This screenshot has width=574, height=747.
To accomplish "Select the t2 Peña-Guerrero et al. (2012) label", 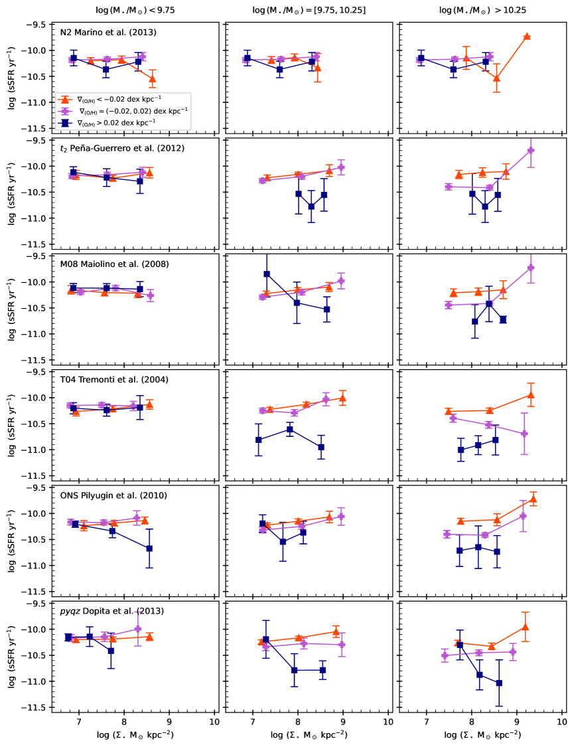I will tap(113, 148).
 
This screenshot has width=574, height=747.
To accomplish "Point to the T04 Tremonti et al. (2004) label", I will tap(105, 380).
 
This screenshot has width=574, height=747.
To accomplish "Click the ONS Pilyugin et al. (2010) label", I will tap(104, 495).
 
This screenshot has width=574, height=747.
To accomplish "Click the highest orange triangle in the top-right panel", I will tap(527, 37).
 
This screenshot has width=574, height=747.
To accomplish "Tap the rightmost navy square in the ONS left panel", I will tap(149, 548).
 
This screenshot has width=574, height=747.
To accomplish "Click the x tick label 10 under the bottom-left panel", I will tap(214, 722).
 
